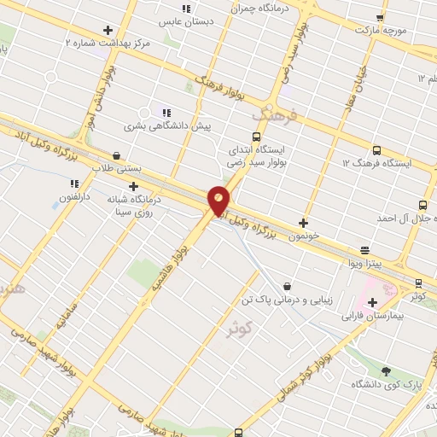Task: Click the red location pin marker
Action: (x=219, y=200)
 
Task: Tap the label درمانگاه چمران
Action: (x=261, y=9)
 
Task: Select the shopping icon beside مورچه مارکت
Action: (x=379, y=17)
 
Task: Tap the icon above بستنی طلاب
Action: (x=117, y=155)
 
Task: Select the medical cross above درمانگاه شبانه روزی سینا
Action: (x=132, y=186)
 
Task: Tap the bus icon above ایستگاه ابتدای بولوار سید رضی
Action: (x=257, y=137)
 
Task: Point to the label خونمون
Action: (x=304, y=233)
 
